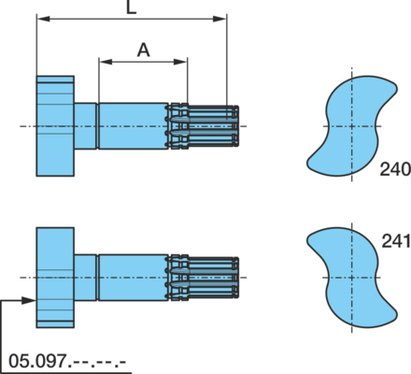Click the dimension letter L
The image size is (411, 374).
[132, 7]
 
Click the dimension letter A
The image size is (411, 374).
[143, 50]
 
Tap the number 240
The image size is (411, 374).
[395, 169]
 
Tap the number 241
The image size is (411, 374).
[396, 241]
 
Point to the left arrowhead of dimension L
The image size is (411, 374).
[43, 19]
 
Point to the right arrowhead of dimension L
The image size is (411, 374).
[220, 19]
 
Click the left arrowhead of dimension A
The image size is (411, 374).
[106, 62]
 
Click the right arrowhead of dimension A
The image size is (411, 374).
[180, 62]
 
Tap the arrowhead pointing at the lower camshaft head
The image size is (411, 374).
[29, 300]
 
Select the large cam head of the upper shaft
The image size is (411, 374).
[55, 126]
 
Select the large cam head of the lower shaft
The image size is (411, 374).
[55, 278]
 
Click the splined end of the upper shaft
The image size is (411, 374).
[204, 126]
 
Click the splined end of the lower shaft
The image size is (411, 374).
[204, 278]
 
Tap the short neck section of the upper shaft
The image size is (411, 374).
[85, 126]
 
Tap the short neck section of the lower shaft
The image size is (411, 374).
[85, 278]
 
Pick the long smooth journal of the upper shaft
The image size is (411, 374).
[134, 126]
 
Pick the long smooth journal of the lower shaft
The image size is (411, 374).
[134, 278]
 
